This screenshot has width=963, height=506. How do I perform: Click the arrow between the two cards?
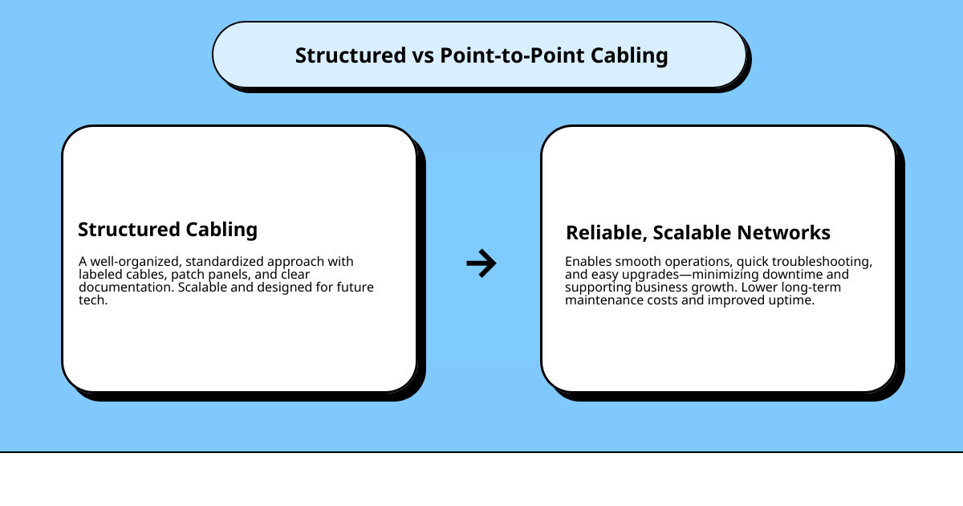coord(481,263)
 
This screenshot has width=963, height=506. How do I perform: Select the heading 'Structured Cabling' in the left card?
coord(168,229)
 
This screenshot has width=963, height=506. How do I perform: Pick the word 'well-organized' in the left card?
coord(132,262)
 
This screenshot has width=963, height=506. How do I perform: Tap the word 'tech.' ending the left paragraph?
coord(94,300)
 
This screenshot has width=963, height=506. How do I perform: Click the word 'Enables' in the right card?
coord(588,262)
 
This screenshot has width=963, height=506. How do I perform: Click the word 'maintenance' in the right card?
coord(603,300)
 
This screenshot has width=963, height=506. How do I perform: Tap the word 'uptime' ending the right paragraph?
coord(794,300)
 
